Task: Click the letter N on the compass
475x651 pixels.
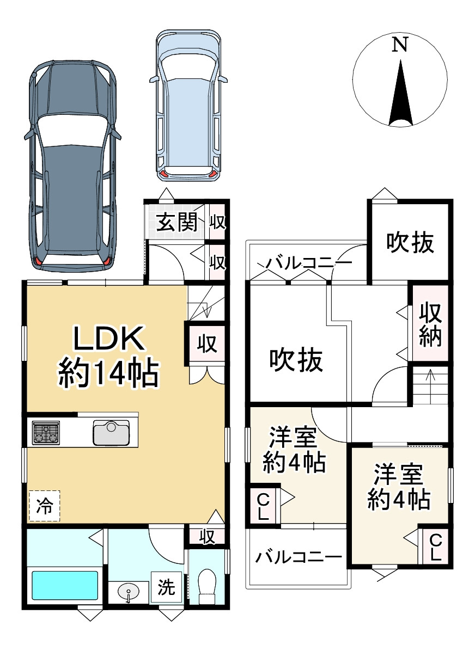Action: click(400, 45)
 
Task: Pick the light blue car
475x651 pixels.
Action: click(188, 106)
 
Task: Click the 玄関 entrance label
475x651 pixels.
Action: click(176, 223)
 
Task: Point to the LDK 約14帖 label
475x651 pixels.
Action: click(108, 357)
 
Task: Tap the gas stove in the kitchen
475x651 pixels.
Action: click(46, 433)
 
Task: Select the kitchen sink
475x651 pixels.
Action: click(111, 433)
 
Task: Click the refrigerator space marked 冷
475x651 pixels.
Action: click(45, 506)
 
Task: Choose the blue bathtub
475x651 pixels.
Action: click(65, 585)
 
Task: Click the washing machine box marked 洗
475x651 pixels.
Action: click(166, 587)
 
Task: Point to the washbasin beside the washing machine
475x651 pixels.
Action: click(129, 592)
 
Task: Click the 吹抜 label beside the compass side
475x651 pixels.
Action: click(410, 242)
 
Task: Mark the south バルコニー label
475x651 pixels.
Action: click(298, 557)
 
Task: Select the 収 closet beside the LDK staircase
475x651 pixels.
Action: click(206, 344)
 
